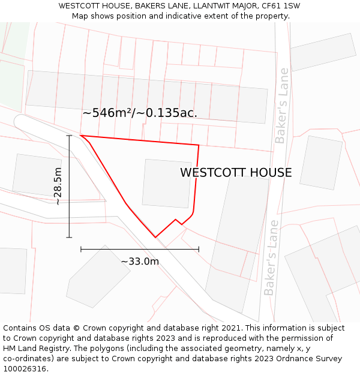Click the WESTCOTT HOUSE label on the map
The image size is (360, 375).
(236, 173)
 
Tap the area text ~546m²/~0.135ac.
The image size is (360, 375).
(140, 113)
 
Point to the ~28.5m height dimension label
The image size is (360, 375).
(58, 186)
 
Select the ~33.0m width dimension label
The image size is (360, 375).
(140, 261)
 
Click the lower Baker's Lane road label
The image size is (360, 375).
(271, 258)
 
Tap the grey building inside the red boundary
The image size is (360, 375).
(167, 183)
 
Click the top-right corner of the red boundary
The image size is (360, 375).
(199, 145)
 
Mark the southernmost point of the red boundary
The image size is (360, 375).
(155, 238)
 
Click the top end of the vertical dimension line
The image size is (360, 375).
(70, 136)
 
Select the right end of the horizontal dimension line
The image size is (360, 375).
(199, 248)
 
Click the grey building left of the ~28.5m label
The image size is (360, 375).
(36, 175)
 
